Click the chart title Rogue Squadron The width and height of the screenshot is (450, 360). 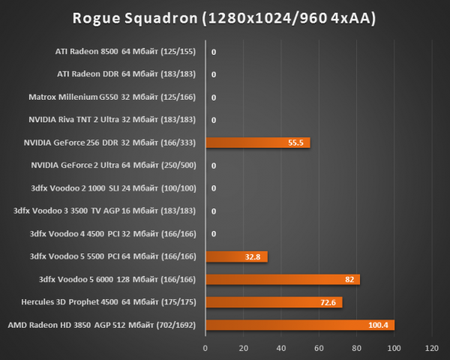224,17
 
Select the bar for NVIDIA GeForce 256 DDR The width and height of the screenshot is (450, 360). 257,142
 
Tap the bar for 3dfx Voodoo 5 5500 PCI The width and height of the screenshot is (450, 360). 236,256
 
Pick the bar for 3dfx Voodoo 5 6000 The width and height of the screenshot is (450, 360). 283,279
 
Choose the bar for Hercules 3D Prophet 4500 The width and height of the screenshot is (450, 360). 274,302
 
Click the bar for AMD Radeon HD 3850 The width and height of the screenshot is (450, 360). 299,325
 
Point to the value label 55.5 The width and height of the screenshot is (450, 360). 294,142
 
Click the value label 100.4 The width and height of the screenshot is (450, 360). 377,325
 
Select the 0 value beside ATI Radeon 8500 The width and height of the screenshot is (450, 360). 214,52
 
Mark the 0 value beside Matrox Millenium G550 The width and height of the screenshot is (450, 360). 214,97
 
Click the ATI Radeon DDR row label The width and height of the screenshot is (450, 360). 126,75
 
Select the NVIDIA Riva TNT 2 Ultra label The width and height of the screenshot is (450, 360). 112,120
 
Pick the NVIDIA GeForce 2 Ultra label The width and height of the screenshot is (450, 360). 113,166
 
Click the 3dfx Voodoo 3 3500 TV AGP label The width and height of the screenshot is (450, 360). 104,211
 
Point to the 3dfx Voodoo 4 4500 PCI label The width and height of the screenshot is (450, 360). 111,234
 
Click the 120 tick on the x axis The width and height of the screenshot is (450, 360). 431,348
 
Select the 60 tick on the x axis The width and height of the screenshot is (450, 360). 319,348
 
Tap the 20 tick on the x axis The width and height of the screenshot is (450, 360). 243,348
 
